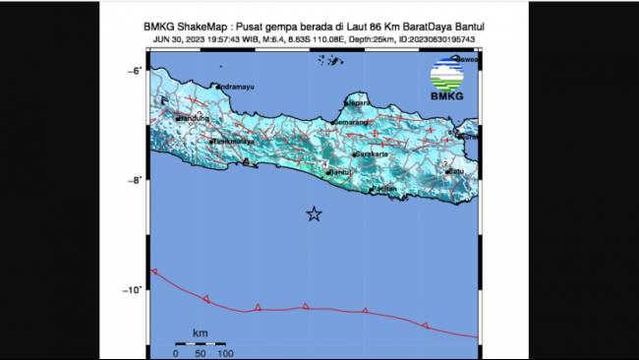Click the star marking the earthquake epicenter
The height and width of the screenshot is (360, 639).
pos(314,214)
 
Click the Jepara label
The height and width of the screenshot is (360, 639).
pos(360,102)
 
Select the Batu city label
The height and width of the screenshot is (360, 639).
pos(455,171)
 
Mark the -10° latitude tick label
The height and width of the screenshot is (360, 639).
pos(131,289)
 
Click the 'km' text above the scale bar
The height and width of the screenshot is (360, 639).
pos(200,332)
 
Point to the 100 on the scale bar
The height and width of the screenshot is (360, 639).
pos(224,353)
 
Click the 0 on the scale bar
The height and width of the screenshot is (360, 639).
pos(176,353)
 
